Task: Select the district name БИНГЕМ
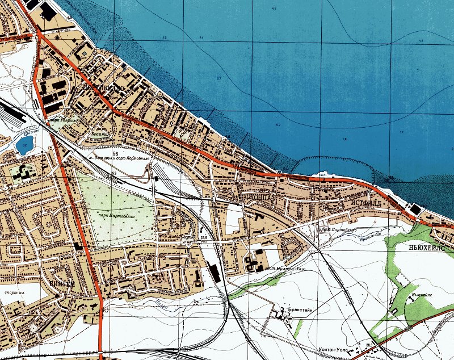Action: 62,282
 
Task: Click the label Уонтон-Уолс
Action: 335,350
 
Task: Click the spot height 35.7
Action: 104,311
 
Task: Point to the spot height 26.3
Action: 368,345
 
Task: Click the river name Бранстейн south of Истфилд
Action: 369,233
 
